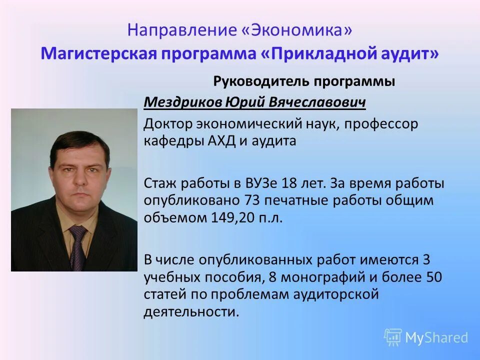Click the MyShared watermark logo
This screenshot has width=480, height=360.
426,337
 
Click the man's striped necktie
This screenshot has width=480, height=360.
77,247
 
